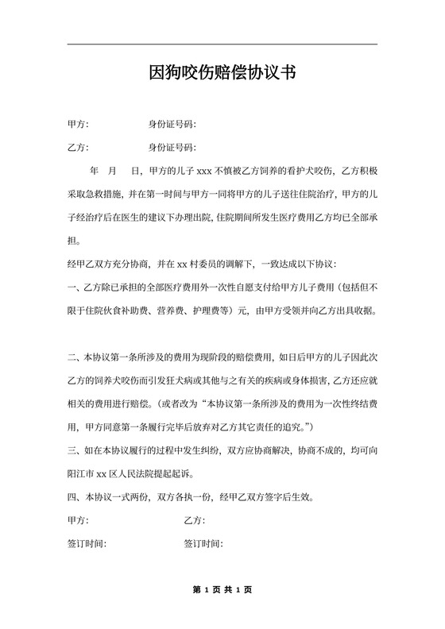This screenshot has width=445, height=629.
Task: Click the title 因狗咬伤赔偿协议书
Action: (x=222, y=74)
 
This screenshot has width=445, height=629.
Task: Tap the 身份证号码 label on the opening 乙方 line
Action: (x=172, y=148)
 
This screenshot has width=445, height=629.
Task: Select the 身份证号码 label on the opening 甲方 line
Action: (x=172, y=125)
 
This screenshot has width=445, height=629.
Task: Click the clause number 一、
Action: (x=75, y=287)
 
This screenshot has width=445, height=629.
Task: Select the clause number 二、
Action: (x=75, y=356)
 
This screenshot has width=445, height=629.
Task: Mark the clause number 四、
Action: (x=75, y=498)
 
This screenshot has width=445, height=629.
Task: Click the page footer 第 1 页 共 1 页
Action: (x=222, y=589)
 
